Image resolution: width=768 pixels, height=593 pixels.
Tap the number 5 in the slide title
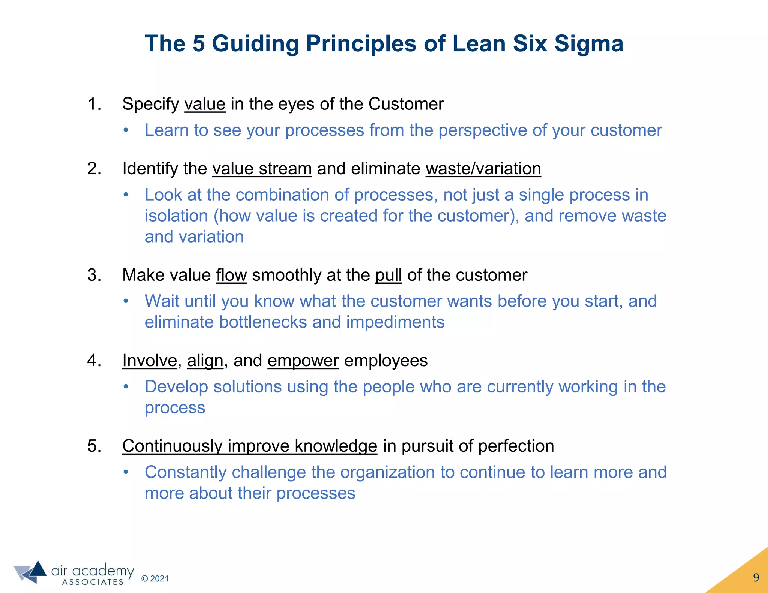point(199,44)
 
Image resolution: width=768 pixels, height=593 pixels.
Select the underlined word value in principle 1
point(205,104)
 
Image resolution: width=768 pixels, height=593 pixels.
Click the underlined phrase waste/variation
point(483,169)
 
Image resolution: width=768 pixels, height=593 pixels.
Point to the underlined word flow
point(231,275)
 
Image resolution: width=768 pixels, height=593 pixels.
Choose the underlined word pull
point(388,275)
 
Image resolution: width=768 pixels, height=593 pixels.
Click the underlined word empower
point(303,361)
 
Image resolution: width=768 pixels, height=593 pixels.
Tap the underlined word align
point(205,361)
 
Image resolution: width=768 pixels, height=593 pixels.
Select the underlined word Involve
point(150,361)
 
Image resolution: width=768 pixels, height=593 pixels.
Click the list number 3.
point(93,275)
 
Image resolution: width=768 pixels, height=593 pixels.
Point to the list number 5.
point(93,446)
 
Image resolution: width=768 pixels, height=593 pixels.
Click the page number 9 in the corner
point(756,578)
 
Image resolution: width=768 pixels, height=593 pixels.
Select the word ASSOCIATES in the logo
point(93,582)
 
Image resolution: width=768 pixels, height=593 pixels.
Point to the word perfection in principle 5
point(516,446)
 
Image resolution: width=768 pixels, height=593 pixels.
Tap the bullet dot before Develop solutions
point(126,387)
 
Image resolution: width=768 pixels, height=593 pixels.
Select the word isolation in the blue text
point(176,216)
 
